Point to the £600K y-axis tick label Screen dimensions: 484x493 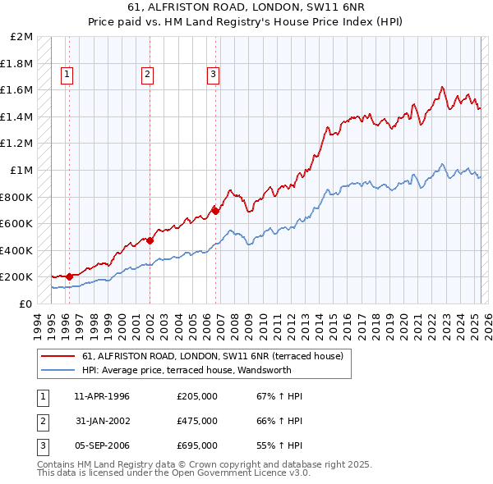(x=17, y=223)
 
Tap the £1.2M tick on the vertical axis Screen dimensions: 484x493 (x=17, y=144)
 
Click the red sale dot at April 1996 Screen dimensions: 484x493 (x=69, y=276)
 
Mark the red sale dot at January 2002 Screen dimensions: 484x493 (x=150, y=240)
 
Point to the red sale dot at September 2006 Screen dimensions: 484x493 (x=215, y=211)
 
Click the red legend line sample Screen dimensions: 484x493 (x=58, y=356)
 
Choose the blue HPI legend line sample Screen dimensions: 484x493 (x=58, y=370)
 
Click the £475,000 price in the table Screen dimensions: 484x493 (x=197, y=421)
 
